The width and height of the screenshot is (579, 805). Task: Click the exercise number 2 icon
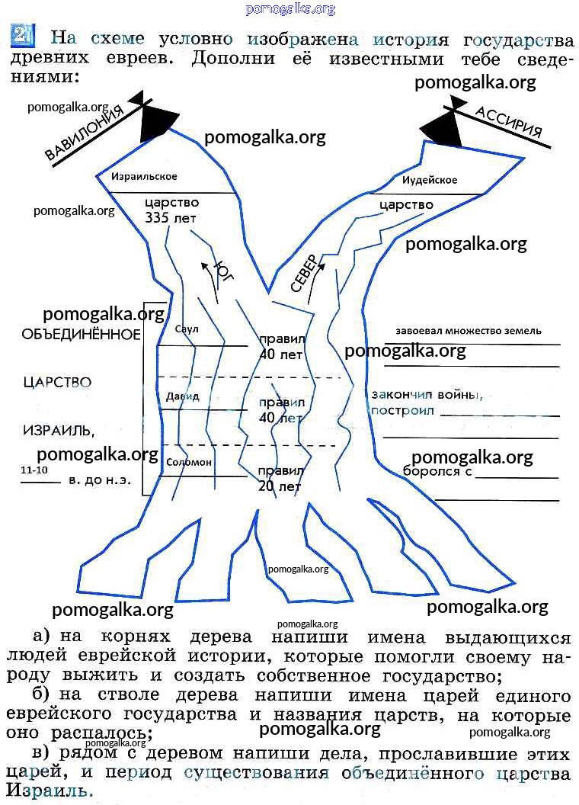point(21,35)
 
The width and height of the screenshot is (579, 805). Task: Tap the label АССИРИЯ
point(509,122)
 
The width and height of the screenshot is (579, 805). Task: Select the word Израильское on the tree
point(144,177)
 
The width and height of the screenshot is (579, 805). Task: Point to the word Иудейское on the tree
point(430,181)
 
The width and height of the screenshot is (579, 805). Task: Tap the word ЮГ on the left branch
point(222,271)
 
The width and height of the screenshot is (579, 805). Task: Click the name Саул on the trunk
point(186,329)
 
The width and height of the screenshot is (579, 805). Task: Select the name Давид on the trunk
point(183,396)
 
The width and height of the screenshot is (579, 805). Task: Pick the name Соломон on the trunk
point(189,462)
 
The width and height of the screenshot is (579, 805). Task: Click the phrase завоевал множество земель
point(469,331)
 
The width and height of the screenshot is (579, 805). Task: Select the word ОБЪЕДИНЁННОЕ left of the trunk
point(81,335)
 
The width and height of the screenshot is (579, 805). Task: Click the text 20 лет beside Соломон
point(280,486)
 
